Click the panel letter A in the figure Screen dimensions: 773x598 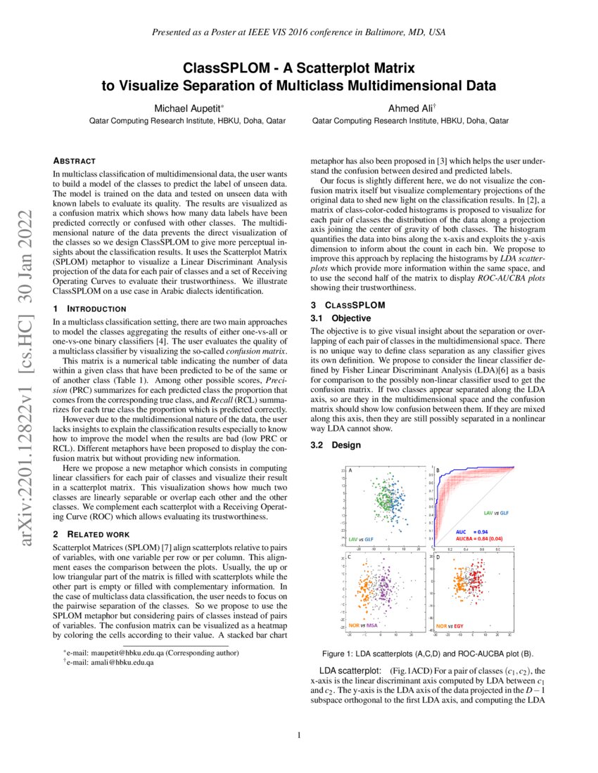coord(350,469)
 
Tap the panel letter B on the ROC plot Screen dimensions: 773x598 coord(438,470)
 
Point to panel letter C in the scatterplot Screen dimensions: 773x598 coord(350,557)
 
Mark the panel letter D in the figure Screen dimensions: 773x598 coord(438,557)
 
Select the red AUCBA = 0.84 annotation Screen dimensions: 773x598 coord(477,539)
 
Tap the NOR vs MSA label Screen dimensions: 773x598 coord(363,625)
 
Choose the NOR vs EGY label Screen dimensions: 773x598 coord(450,625)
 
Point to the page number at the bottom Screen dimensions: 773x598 coord(299,736)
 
